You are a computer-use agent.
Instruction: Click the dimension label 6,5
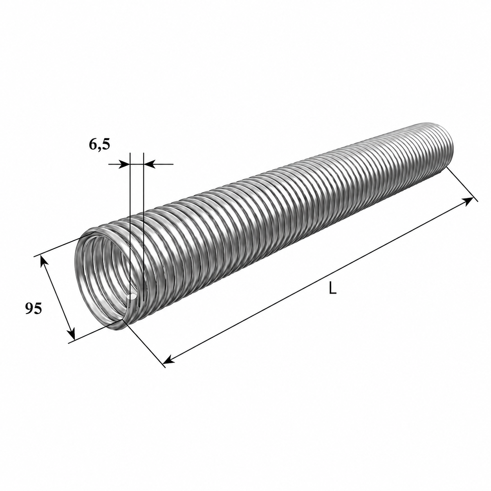(x=99, y=145)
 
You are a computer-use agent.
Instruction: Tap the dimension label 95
(x=33, y=309)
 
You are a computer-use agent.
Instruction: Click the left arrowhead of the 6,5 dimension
(x=125, y=164)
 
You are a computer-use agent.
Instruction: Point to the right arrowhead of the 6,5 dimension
(x=149, y=164)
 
